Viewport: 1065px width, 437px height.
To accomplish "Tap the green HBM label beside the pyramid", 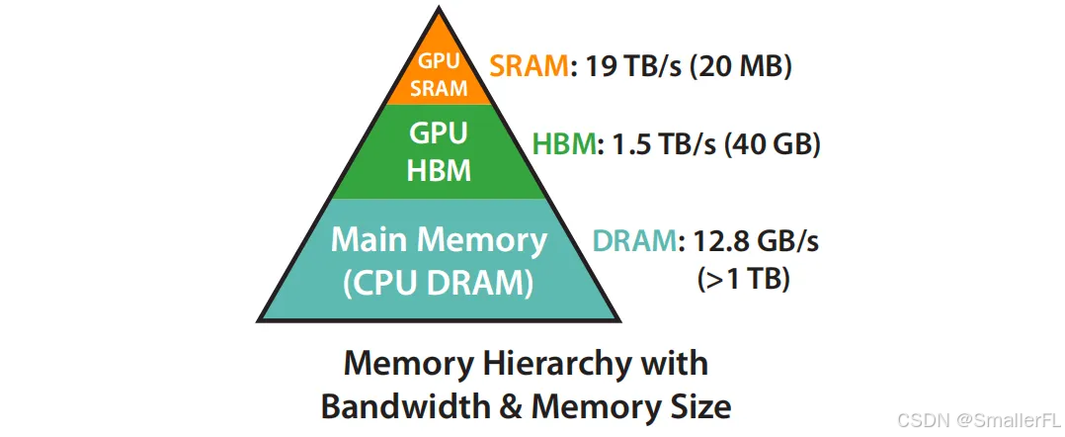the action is point(563,144).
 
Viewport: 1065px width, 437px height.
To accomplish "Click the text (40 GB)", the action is point(773,145).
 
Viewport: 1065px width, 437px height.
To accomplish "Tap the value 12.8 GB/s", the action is point(755,242).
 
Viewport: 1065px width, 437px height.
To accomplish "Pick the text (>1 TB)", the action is point(743,280).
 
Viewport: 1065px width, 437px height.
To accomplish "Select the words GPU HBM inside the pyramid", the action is point(439,151).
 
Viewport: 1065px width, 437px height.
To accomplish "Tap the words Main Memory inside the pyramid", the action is point(439,240).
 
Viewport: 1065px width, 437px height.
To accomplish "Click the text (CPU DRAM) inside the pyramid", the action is point(438,284).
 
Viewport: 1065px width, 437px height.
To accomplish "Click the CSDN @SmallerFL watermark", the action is point(979,420).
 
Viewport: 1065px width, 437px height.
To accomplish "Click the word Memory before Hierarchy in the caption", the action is point(406,365).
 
